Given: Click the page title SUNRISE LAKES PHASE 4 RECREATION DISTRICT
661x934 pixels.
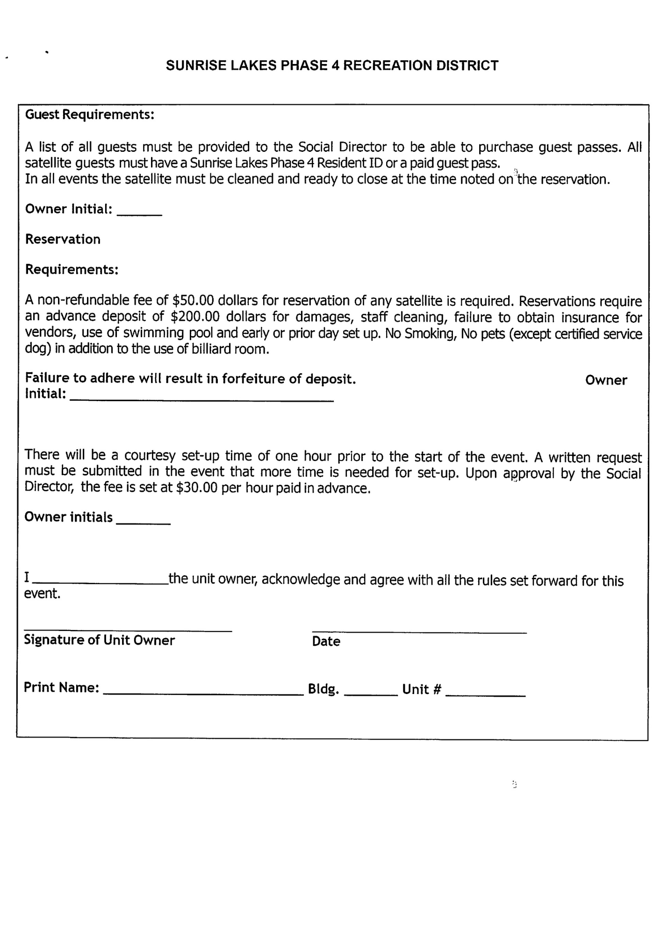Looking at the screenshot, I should pyautogui.click(x=332, y=65).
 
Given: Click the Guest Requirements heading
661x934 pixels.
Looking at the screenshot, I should pyautogui.click(x=90, y=114).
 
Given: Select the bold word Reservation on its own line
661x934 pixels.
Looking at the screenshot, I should pyautogui.click(x=63, y=239).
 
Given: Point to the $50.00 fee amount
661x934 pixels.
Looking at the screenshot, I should pyautogui.click(x=193, y=300).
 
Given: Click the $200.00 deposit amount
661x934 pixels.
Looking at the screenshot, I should pyautogui.click(x=195, y=317).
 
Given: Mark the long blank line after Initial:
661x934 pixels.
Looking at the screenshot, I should pyautogui.click(x=201, y=398).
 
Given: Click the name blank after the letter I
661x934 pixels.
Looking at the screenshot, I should pyautogui.click(x=101, y=581).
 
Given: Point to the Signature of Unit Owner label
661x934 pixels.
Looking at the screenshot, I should pyautogui.click(x=99, y=640).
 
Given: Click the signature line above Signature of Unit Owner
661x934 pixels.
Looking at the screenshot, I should pyautogui.click(x=128, y=630).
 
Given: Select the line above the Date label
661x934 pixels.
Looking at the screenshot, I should pyautogui.click(x=419, y=632).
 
